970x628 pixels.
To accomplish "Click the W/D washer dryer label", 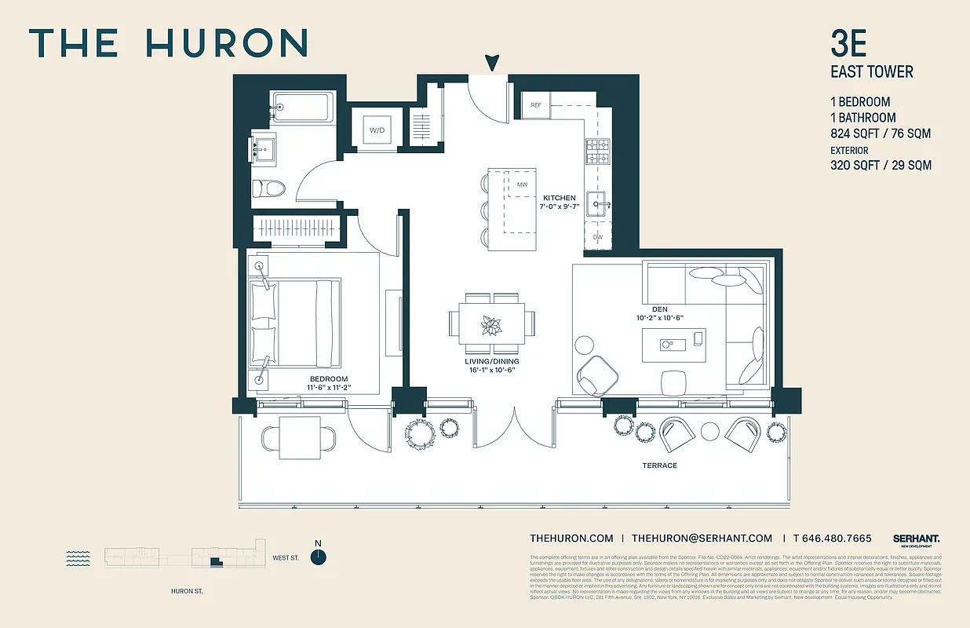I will [x=376, y=130].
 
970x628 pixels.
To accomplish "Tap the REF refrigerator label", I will [x=536, y=105].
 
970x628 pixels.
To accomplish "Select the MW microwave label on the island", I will [x=522, y=184].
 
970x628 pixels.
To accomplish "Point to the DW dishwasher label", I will [x=598, y=236].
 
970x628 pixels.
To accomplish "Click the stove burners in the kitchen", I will [x=598, y=150].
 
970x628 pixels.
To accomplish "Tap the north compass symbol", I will [x=318, y=556].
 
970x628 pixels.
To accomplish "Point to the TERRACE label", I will [x=659, y=466].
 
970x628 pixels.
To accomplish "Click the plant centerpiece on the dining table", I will [x=493, y=324].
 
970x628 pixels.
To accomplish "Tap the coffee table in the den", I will [x=674, y=345].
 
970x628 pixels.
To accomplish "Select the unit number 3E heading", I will [x=848, y=44].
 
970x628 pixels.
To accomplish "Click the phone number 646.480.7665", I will [x=838, y=539].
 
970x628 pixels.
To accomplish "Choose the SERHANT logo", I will [x=916, y=539].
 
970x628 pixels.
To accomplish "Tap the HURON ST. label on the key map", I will [x=187, y=591].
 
